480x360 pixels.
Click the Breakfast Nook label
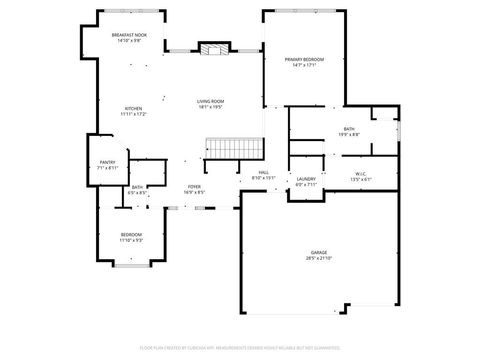(x=130, y=35)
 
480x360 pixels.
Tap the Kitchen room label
(x=133, y=108)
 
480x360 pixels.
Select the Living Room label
(x=210, y=101)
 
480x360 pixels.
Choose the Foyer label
(x=194, y=186)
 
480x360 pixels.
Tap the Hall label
(x=264, y=172)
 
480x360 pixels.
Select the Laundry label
(x=306, y=178)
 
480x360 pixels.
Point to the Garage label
(x=318, y=252)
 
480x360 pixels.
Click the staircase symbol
(x=233, y=149)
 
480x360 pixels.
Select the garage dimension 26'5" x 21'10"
(x=318, y=258)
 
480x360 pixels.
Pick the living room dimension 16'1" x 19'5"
(x=210, y=107)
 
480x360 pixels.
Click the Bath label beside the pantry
(x=136, y=186)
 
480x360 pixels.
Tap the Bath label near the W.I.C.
(x=348, y=128)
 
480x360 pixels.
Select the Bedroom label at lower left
(x=131, y=235)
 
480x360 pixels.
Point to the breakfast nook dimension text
(x=130, y=41)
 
